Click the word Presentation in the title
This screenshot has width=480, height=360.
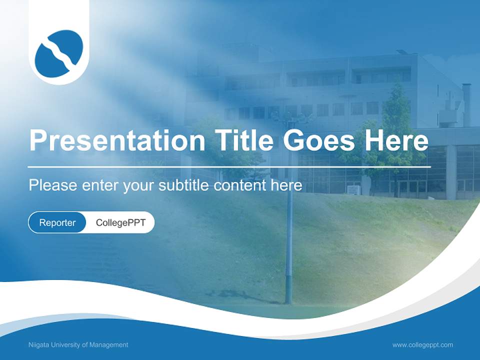(117, 141)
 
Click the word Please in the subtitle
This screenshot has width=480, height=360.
(53, 185)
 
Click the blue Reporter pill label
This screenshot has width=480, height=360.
(57, 222)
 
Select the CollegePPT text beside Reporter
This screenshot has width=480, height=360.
(120, 222)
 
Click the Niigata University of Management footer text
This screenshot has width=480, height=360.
(78, 345)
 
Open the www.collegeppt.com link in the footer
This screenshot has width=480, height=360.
(422, 345)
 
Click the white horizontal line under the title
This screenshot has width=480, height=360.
(229, 166)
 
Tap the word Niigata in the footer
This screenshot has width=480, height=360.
(38, 345)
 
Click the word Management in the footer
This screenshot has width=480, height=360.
(110, 345)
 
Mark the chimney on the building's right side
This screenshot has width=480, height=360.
(466, 102)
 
